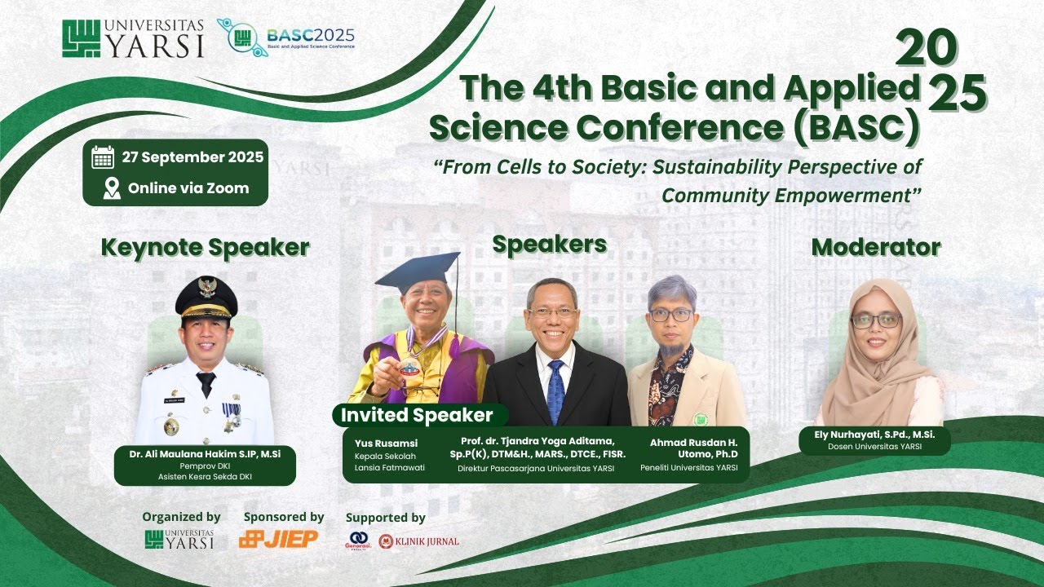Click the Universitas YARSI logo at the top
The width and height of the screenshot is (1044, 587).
133,38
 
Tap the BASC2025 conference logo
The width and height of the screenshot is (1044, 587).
286,38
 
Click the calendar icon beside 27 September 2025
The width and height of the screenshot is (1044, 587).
103,157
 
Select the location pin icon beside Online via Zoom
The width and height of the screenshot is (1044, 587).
112,188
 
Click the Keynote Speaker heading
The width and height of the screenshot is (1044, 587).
205,247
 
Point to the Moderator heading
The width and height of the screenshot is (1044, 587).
875,247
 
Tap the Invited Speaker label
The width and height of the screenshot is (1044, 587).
417,415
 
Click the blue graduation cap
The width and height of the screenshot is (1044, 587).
418,271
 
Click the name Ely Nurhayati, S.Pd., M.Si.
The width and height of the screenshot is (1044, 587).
874,435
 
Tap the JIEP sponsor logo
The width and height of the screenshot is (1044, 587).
278,539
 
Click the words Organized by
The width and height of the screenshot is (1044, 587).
181,516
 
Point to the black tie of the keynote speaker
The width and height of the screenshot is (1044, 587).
206,382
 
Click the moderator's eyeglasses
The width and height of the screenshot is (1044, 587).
876,320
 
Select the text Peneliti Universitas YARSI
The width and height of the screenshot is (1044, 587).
689,467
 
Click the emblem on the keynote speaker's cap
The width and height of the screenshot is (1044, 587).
207,286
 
